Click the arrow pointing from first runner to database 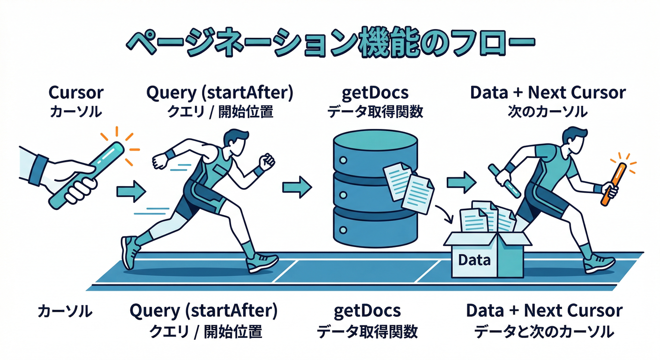coord(297,187)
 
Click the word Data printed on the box coord(474,259)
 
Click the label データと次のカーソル coord(544,332)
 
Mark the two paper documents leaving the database coord(408,187)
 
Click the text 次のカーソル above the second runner coord(547,112)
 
